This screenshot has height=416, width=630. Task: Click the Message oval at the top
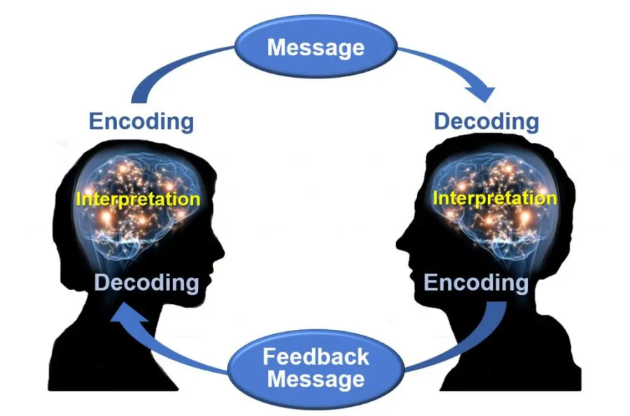pos(316,47)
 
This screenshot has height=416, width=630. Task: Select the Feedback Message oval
pos(316,368)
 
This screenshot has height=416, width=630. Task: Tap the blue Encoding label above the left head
pos(141,120)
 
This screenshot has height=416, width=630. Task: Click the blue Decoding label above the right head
pos(486,120)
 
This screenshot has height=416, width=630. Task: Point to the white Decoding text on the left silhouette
pos(146,283)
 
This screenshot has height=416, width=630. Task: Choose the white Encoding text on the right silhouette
pos(477,283)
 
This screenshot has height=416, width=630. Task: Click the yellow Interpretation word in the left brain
pos(138,199)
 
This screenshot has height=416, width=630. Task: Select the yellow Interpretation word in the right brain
pos(494,197)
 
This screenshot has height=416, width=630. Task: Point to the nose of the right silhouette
pos(400,245)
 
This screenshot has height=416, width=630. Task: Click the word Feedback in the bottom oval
pos(316,356)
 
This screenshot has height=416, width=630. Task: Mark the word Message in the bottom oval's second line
pos(316,380)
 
